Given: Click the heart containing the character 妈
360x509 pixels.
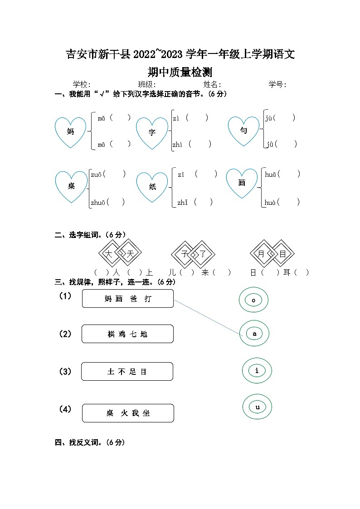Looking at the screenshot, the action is pyautogui.click(x=70, y=132).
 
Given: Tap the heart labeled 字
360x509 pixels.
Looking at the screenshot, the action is pyautogui.click(x=152, y=132).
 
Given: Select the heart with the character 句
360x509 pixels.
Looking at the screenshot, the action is pyautogui.click(x=243, y=131).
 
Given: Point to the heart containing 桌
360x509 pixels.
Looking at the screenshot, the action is pyautogui.click(x=71, y=186).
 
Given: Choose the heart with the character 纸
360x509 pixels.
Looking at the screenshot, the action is pyautogui.click(x=152, y=187).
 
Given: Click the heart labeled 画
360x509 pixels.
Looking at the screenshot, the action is pyautogui.click(x=242, y=183).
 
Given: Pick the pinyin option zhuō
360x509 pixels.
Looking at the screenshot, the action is pyautogui.click(x=98, y=202).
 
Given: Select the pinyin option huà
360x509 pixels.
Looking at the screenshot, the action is pyautogui.click(x=271, y=202).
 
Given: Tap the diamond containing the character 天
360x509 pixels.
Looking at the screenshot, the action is pyautogui.click(x=130, y=254).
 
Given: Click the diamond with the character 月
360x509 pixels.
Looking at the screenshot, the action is pyautogui.click(x=261, y=254).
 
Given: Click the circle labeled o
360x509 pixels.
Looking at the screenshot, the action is pyautogui.click(x=254, y=300).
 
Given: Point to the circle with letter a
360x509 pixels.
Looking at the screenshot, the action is pyautogui.click(x=254, y=334).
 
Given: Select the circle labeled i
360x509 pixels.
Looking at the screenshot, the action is pyautogui.click(x=257, y=371).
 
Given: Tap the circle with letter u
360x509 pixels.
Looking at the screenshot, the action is pyautogui.click(x=258, y=407).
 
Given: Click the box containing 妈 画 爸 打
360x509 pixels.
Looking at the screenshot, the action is pyautogui.click(x=128, y=299).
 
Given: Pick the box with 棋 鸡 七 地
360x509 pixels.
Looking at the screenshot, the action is pyautogui.click(x=127, y=334).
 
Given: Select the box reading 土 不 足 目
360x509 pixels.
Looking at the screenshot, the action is pyautogui.click(x=127, y=372).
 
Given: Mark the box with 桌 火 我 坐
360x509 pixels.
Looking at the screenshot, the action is pyautogui.click(x=128, y=413).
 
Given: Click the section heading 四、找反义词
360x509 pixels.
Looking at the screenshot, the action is pyautogui.click(x=90, y=442).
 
